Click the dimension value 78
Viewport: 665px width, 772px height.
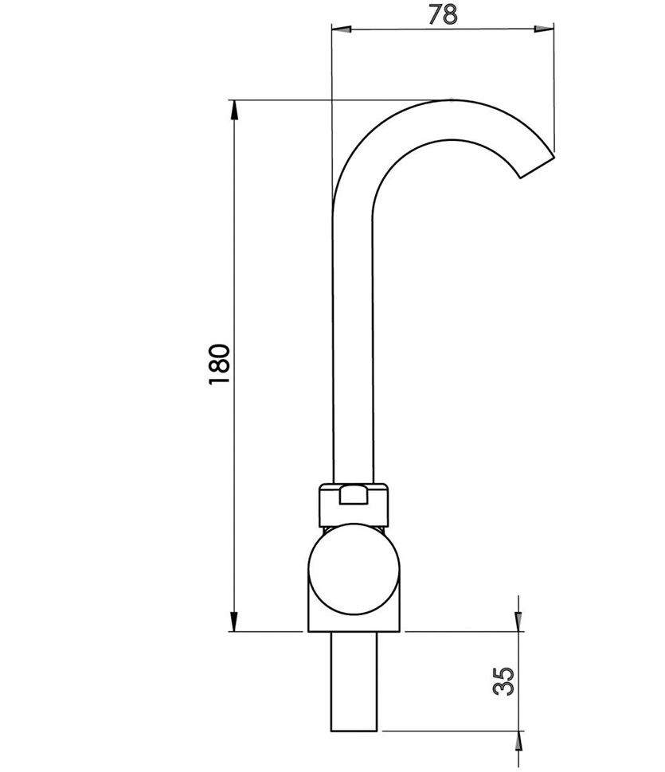(x=443, y=14)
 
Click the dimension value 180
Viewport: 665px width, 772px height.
(x=220, y=365)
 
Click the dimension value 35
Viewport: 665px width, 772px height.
(x=503, y=681)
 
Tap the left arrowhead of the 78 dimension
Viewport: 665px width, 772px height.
(x=342, y=29)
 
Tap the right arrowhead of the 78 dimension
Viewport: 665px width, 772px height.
(x=544, y=29)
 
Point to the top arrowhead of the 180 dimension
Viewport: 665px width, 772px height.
(x=234, y=110)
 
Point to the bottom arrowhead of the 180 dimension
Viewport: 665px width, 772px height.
(x=234, y=622)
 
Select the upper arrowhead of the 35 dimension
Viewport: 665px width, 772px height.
(x=518, y=622)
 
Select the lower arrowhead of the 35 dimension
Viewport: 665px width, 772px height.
(x=518, y=741)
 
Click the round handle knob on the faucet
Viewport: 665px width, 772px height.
(x=354, y=569)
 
